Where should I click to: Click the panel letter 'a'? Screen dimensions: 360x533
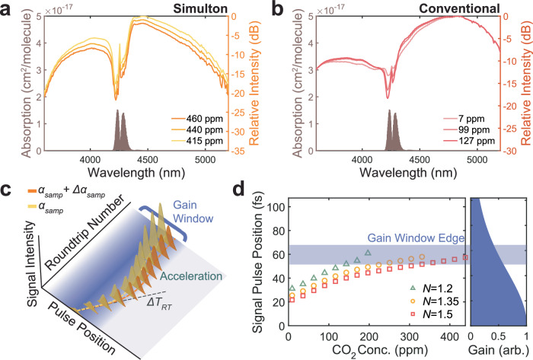coord(7,8)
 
